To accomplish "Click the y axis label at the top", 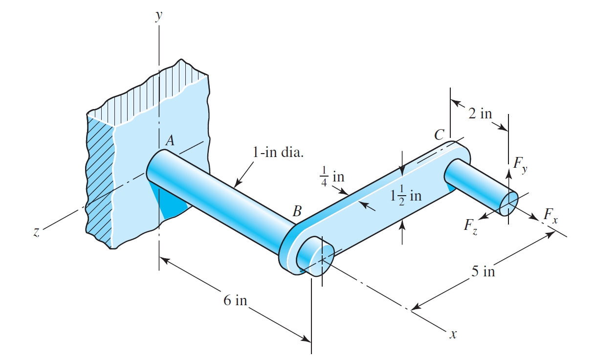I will pos(158,15).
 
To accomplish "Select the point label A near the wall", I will pos(170,141).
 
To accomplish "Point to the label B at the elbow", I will pos(297,211).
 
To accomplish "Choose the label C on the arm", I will pos(440,135).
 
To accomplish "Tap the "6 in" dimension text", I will pos(235,300).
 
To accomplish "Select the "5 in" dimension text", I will pos(483,271).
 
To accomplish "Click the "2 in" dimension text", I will pos(480,113).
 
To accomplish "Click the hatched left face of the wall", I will pos(100,181).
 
